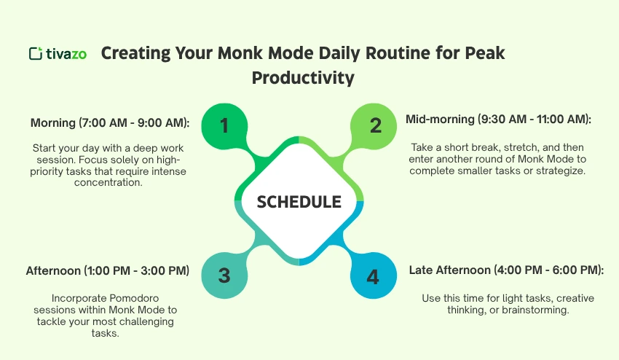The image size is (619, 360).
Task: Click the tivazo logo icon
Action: (x=35, y=53)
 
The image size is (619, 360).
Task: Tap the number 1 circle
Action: (x=224, y=125)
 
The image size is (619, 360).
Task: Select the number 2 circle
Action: (x=376, y=125)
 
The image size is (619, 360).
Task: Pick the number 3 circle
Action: (x=224, y=276)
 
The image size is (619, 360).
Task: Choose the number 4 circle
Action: (x=373, y=277)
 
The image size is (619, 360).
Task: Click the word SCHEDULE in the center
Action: (x=299, y=202)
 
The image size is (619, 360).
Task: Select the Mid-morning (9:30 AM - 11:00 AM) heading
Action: (x=498, y=119)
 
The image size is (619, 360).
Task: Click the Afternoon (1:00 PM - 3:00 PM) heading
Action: (x=108, y=271)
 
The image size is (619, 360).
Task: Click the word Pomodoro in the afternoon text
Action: (x=138, y=297)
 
